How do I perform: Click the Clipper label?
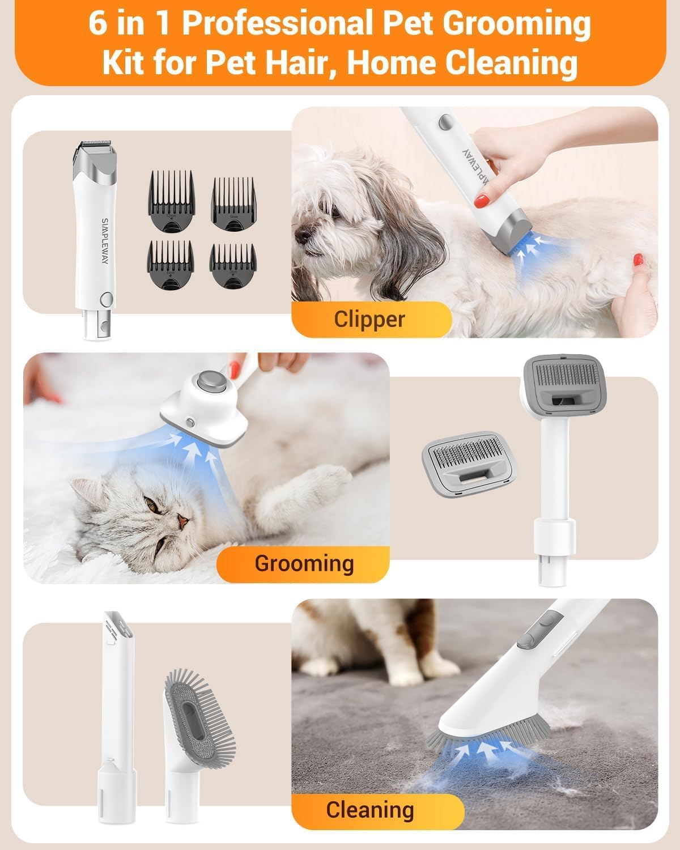click(369, 319)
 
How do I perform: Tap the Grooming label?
click(304, 563)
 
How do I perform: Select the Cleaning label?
click(369, 810)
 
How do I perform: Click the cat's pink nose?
click(181, 520)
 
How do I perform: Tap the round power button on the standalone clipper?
click(105, 299)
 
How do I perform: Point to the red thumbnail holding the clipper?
click(482, 199)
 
